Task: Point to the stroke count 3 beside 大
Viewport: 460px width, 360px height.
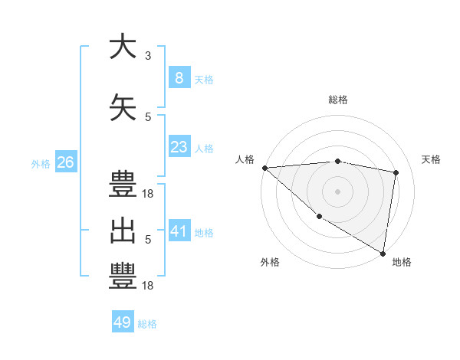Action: [x=148, y=56]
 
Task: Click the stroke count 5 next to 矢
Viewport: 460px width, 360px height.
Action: [x=148, y=117]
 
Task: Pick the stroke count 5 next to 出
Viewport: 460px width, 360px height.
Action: [x=148, y=240]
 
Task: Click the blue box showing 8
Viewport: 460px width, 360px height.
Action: [x=179, y=78]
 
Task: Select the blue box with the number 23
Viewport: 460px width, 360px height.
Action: [x=179, y=147]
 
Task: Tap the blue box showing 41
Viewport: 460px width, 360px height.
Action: [x=179, y=231]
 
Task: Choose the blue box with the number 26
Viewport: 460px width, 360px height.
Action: [x=65, y=162]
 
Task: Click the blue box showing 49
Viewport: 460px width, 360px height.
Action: [x=123, y=322]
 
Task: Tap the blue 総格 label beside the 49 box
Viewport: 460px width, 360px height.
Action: [x=147, y=324]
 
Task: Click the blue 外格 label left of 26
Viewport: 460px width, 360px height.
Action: [x=41, y=164]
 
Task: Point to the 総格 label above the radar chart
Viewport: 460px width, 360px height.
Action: [x=337, y=100]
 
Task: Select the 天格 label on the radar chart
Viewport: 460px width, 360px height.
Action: [x=432, y=159]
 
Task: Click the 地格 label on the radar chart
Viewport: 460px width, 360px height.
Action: [x=402, y=262]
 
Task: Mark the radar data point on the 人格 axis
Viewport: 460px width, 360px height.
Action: [x=264, y=168]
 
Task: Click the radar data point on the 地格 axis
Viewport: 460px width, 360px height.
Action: [x=383, y=253]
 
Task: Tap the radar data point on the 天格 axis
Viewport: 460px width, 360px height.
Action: [x=396, y=172]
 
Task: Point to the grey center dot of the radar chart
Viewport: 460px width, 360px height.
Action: [x=337, y=191]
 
